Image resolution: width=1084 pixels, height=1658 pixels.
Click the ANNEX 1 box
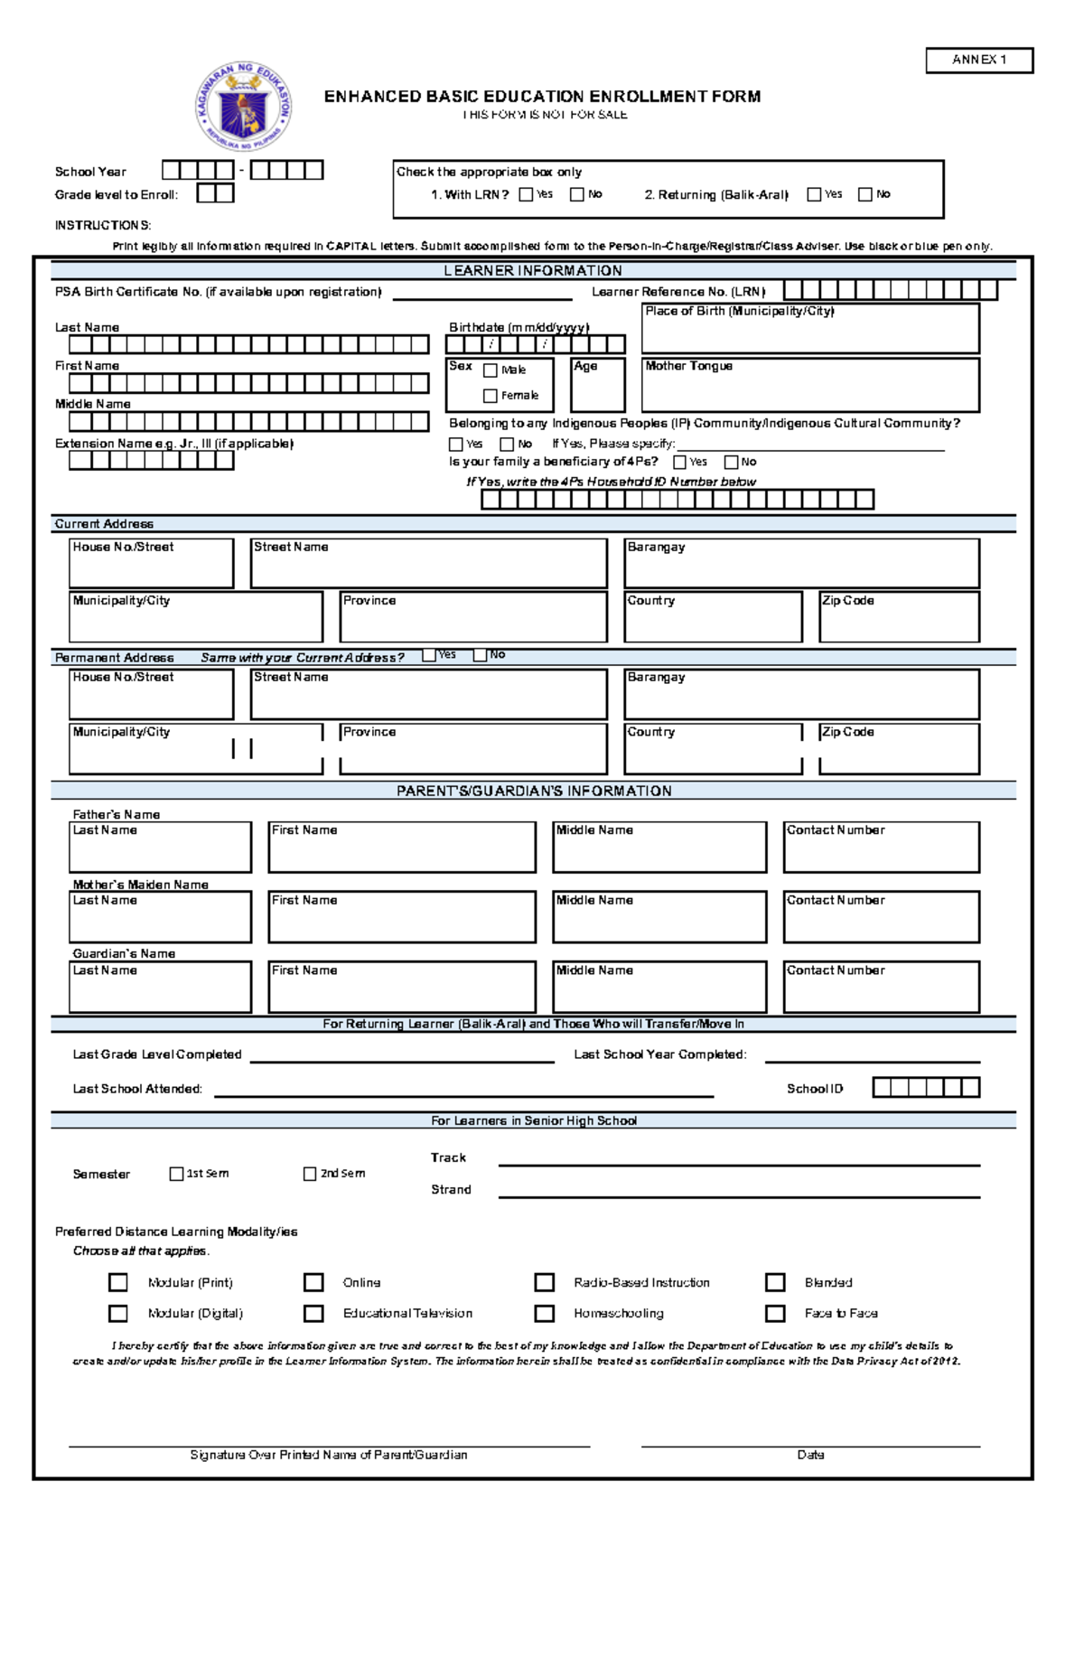(978, 60)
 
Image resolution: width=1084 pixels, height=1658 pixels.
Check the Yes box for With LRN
(526, 194)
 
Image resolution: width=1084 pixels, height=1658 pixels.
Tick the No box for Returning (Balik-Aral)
(864, 194)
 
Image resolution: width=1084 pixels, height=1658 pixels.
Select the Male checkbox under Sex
(491, 370)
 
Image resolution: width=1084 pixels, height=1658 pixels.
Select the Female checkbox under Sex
(491, 396)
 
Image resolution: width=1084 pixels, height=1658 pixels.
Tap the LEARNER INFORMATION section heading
(532, 270)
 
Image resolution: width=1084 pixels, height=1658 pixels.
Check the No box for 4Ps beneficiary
(731, 463)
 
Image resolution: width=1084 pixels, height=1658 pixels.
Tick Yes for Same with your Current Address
(429, 656)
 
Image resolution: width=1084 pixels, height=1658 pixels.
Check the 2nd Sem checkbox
(310, 1174)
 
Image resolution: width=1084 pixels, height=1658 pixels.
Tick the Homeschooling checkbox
(544, 1313)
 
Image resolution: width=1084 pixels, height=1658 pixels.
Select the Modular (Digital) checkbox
(118, 1313)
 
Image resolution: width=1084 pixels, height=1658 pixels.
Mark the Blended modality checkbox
(774, 1282)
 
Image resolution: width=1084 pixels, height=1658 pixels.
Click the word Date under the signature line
(809, 1455)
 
